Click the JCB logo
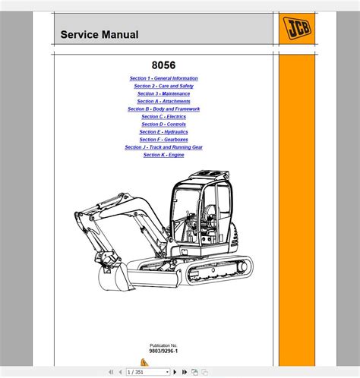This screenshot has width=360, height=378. pyautogui.click(x=297, y=28)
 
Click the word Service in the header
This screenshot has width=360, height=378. pyautogui.click(x=80, y=35)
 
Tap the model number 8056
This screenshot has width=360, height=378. pyautogui.click(x=163, y=65)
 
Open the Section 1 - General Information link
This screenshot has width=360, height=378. pyautogui.click(x=163, y=78)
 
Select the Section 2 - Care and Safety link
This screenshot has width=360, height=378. pyautogui.click(x=163, y=86)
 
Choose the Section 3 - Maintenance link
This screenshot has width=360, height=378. pyautogui.click(x=163, y=93)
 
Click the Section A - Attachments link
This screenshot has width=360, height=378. pyautogui.click(x=163, y=101)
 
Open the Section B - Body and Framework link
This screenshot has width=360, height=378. pyautogui.click(x=163, y=109)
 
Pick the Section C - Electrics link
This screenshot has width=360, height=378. pyautogui.click(x=163, y=117)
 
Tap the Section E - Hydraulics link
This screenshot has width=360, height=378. pyautogui.click(x=163, y=132)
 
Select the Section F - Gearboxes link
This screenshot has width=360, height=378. pyautogui.click(x=163, y=140)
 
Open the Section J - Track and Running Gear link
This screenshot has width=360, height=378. pyautogui.click(x=163, y=147)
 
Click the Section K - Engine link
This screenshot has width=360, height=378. pyautogui.click(x=163, y=155)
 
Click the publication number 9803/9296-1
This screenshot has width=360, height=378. pyautogui.click(x=163, y=351)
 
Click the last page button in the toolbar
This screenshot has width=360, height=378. pyautogui.click(x=185, y=372)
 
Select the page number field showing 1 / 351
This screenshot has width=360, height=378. pyautogui.click(x=148, y=372)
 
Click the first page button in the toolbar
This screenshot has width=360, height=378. pyautogui.click(x=111, y=372)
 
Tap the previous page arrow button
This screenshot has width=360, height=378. pyautogui.click(x=120, y=372)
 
